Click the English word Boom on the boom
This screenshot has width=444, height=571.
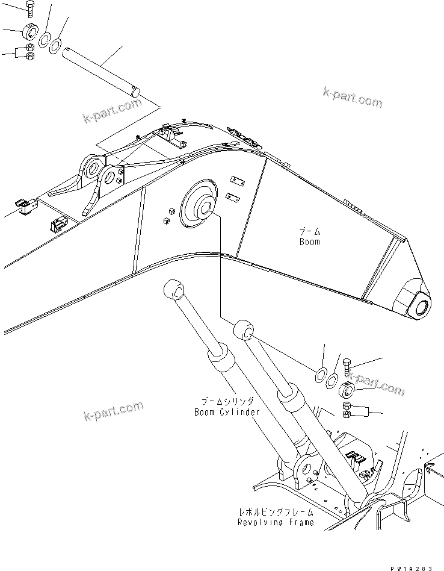click(310, 242)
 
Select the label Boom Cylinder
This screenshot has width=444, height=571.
click(227, 412)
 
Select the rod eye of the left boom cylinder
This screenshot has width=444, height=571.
click(173, 290)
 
